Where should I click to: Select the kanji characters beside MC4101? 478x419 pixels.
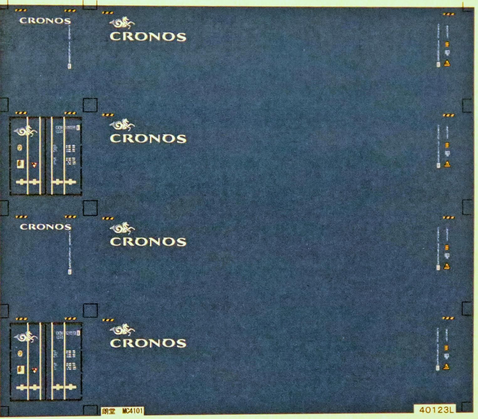tap(109, 411)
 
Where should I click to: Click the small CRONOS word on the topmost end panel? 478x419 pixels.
tap(45, 21)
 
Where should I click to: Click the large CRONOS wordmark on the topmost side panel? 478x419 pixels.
tap(148, 37)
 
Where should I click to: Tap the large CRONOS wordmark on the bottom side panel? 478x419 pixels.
tap(148, 343)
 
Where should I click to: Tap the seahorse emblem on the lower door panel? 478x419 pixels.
tap(26, 337)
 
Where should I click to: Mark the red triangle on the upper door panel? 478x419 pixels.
tap(34, 165)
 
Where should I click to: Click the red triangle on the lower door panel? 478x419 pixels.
tap(34, 370)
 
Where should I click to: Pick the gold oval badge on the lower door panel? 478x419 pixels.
tap(20, 354)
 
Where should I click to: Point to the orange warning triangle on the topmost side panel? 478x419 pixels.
tap(447, 63)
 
